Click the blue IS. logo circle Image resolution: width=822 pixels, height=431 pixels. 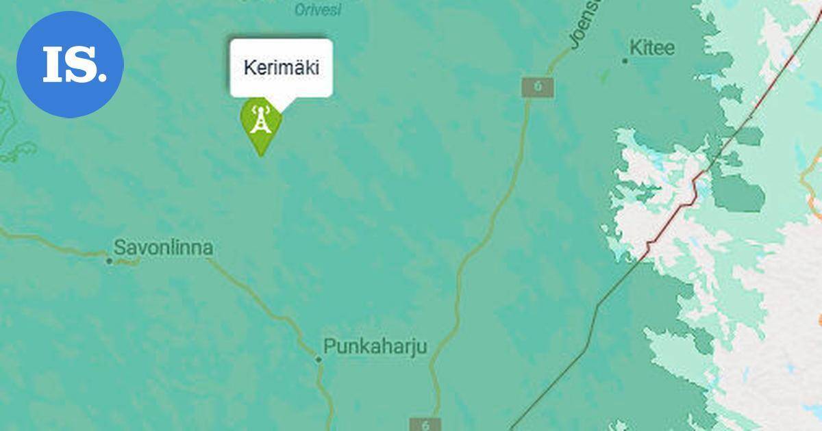70,64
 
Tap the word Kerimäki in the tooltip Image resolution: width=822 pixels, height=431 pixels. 281,68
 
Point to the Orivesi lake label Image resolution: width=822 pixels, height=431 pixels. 317,10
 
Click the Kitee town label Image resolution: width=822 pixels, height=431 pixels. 651,49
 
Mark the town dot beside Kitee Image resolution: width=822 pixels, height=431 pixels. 625,61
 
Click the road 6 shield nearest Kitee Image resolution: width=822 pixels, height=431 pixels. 538,87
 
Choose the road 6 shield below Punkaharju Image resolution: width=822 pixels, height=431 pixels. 425,424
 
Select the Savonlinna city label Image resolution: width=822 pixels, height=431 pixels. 163,248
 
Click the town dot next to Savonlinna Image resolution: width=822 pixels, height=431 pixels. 109,261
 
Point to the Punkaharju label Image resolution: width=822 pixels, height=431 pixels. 375,347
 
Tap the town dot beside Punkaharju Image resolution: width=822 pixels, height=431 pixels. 319,359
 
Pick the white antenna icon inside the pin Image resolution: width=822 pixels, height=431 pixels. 260,119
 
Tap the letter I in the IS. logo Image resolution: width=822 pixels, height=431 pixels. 53,65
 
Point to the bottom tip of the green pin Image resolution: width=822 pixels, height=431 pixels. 261,155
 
